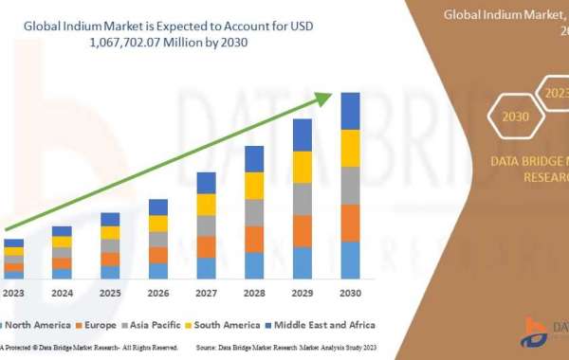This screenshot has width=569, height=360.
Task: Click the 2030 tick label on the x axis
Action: [x=351, y=293]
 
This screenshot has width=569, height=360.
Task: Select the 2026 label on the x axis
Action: [x=158, y=293]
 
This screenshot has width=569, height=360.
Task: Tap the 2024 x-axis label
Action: [x=62, y=293]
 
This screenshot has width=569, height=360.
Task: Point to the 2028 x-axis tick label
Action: [x=254, y=293]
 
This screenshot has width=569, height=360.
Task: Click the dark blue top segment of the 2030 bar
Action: [x=351, y=111]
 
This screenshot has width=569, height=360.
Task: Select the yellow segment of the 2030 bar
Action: [x=351, y=148]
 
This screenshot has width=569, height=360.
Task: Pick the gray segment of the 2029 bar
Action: [x=303, y=199]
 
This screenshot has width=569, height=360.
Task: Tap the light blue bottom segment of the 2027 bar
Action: [x=206, y=268]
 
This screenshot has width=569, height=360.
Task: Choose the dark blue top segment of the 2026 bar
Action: [x=158, y=207]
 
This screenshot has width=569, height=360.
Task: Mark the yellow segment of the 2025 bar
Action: [x=110, y=233]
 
